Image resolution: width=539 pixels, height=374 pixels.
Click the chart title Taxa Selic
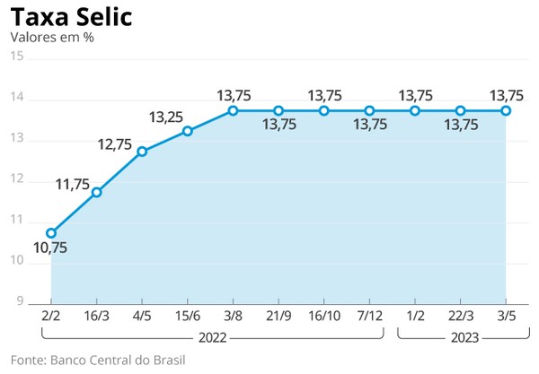pos(72,16)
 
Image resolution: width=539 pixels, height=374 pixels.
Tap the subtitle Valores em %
pos(51,38)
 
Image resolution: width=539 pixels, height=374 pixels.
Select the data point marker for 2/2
pos(51,233)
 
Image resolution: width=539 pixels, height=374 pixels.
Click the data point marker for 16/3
pos(97,192)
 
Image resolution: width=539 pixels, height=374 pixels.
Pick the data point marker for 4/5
pos(142,152)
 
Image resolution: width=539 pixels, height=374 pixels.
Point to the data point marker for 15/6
pos(188,131)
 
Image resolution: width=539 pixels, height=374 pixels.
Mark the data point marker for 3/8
pos(233,110)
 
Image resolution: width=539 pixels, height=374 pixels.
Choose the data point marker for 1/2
pos(415,110)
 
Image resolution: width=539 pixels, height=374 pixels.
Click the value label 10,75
pos(49,248)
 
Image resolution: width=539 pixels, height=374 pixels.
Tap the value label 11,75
pos(73,185)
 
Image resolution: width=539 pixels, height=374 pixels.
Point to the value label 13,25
pos(166,117)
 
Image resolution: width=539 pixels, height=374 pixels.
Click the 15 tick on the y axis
pos(16,57)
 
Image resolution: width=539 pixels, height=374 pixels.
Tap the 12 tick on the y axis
pos(16,179)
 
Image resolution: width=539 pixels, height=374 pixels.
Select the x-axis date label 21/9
pos(278,317)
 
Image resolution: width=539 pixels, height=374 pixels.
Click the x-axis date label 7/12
pos(369,317)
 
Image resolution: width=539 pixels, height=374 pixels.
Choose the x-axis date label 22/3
pos(460,317)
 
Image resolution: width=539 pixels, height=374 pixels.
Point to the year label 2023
pos(460,338)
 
